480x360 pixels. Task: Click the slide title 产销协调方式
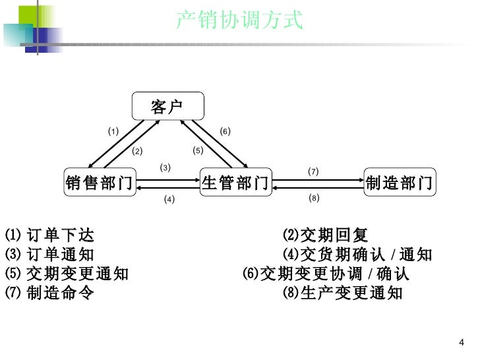[240, 20]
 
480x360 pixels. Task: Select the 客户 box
[167, 106]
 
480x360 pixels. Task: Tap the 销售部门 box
[99, 183]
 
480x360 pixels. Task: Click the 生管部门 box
[235, 183]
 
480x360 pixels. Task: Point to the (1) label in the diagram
[113, 131]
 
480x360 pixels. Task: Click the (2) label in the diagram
[137, 151]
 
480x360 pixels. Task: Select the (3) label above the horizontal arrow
[165, 167]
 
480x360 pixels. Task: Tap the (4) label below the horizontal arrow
[169, 199]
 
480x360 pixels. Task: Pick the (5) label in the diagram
[198, 150]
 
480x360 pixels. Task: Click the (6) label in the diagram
[225, 131]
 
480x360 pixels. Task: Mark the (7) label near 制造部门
[313, 171]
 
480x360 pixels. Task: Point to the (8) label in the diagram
[314, 198]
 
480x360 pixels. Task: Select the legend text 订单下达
[61, 235]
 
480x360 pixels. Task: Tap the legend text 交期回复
[334, 235]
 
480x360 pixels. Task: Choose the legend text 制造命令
[61, 293]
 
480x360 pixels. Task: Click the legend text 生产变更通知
[351, 293]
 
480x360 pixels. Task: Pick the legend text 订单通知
[61, 255]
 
